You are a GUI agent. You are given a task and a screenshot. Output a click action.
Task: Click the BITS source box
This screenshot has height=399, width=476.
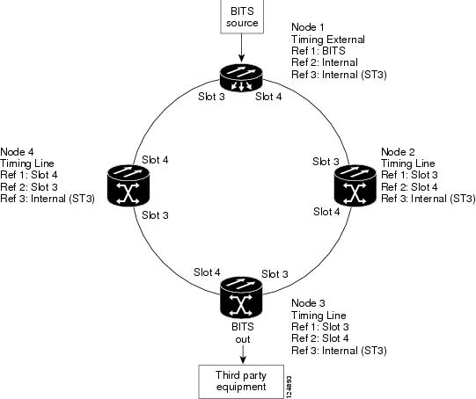coord(242,16)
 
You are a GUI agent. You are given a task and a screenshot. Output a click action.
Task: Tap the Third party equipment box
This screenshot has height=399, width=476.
coord(241,381)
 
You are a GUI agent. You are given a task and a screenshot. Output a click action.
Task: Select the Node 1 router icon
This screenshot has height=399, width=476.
coord(241,77)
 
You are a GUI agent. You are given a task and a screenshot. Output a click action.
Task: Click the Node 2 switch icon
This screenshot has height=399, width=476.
coord(355,185)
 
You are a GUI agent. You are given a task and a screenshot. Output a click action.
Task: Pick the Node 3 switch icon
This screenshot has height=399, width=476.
coord(241,297)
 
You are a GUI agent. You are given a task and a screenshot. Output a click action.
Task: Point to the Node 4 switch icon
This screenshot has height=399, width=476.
coord(128,185)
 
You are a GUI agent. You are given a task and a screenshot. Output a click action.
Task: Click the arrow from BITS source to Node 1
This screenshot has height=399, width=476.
coord(241,47)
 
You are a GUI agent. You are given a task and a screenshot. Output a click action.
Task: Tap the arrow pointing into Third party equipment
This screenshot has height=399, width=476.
coord(243,354)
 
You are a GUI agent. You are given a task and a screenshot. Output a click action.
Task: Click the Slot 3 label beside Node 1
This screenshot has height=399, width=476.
coord(211,97)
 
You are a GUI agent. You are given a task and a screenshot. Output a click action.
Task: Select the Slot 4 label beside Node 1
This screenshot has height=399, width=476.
coord(268,97)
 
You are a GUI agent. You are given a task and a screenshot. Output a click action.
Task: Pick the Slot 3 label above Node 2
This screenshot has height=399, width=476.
coord(326,162)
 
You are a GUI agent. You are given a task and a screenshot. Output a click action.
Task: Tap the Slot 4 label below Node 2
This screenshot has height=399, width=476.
coord(326,211)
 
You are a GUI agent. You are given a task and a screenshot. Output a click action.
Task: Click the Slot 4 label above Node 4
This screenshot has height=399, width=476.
coord(155,159)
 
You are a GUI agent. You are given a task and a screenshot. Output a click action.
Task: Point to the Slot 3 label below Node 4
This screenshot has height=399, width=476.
coord(155,215)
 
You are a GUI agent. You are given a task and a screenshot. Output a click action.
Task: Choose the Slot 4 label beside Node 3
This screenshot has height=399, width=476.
coord(207,272)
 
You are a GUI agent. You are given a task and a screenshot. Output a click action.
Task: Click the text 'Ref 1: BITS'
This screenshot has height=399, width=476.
coord(319,51)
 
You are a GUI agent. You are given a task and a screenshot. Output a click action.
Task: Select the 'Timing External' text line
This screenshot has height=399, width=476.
coord(328,40)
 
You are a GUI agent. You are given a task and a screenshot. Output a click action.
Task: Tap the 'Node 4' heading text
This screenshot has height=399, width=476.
coord(17,151)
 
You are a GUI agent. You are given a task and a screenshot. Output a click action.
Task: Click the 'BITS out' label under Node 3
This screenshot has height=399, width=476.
coord(243,333)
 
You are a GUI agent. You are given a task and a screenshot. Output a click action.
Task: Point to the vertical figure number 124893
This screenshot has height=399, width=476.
coord(289,387)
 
